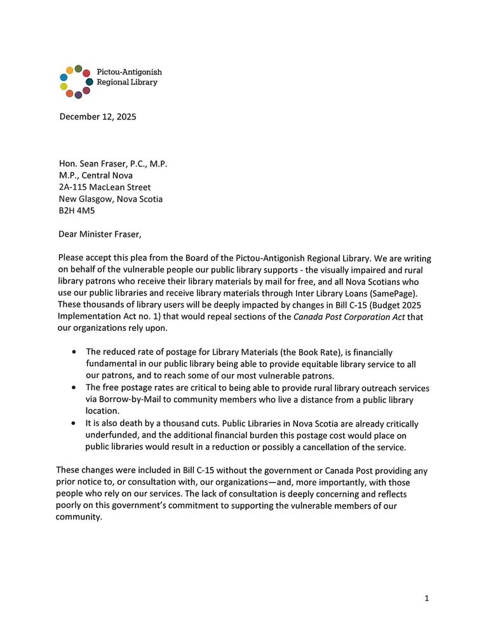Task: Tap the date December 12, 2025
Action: click(97, 117)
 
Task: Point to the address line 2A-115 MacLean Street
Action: click(105, 187)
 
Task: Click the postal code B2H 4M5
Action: click(75, 211)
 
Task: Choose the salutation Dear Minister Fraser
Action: click(100, 234)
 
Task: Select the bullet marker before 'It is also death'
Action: click(76, 424)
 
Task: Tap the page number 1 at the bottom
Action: click(427, 598)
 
